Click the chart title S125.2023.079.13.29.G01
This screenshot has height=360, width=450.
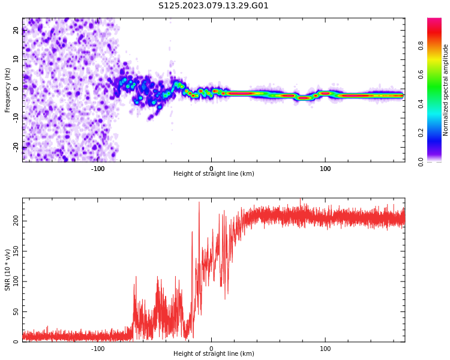(213, 6)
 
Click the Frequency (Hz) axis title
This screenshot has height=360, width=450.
(8, 90)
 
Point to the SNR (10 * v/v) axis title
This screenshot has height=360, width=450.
(8, 270)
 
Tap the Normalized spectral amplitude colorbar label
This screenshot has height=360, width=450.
(446, 90)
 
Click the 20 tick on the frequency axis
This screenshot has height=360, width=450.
(16, 30)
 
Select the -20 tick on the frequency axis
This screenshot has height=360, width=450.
(16, 146)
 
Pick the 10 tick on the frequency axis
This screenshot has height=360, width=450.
(16, 59)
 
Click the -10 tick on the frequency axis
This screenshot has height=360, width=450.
(16, 117)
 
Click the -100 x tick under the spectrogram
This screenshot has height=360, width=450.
(98, 169)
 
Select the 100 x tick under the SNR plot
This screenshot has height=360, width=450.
(325, 349)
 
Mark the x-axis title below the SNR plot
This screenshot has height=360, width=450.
(214, 354)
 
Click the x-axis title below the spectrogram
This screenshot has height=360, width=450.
(214, 174)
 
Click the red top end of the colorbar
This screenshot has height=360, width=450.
(434, 21)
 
